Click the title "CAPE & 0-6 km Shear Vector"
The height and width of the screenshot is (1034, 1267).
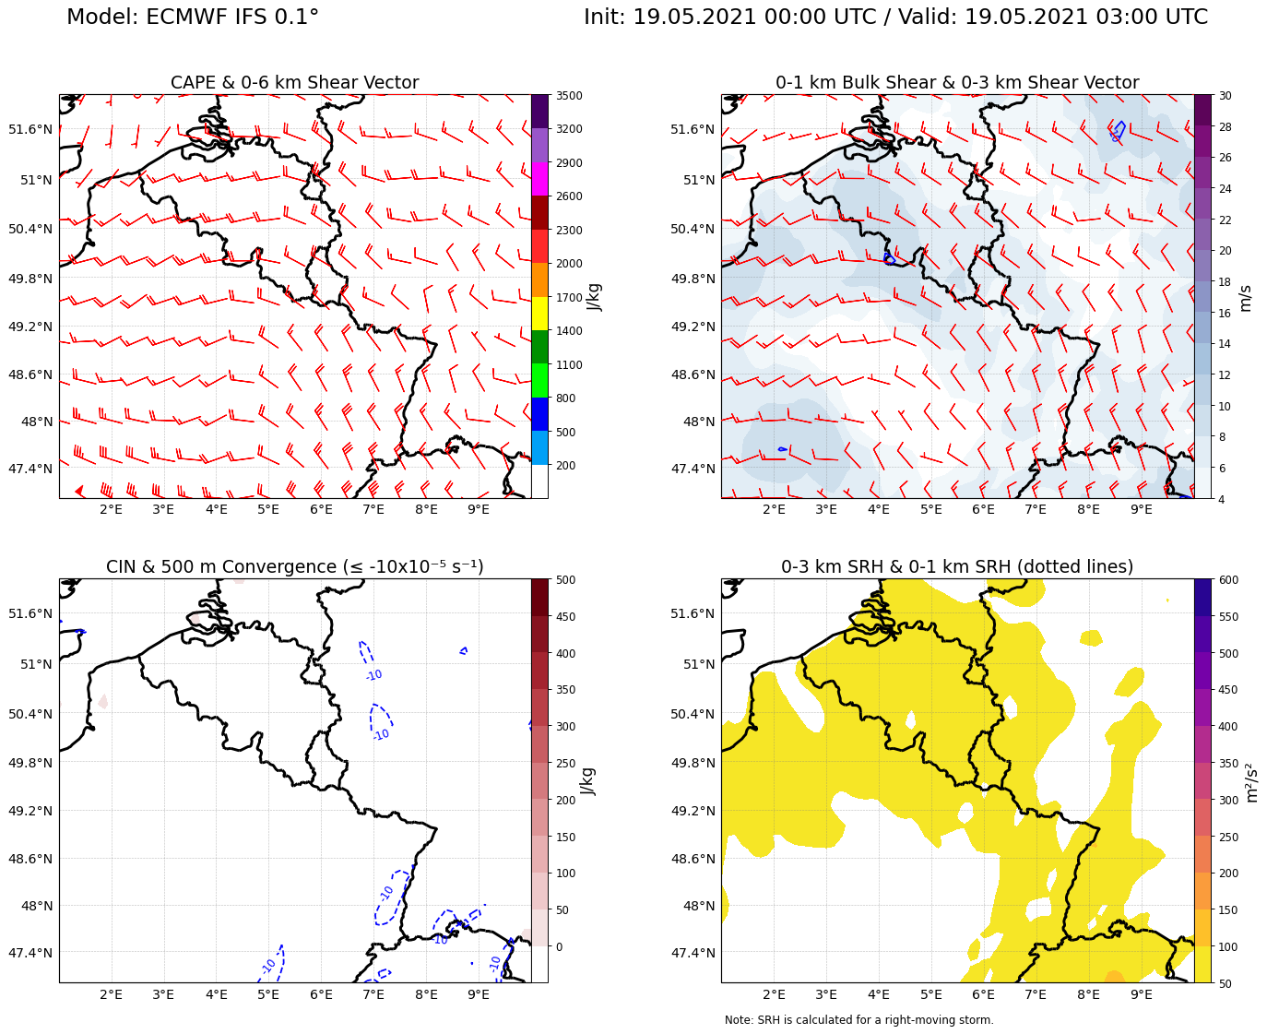pyautogui.click(x=294, y=83)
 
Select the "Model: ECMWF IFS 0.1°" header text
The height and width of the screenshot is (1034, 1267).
pyautogui.click(x=193, y=18)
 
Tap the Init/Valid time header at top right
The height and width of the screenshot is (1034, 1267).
pyautogui.click(x=895, y=18)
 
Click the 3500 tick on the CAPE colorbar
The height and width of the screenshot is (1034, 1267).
pyautogui.click(x=568, y=96)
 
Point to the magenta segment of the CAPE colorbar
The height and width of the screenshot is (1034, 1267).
pyautogui.click(x=539, y=179)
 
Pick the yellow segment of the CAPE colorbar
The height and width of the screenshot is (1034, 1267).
pyautogui.click(x=539, y=314)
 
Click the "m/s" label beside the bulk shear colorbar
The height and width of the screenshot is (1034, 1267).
pyautogui.click(x=1245, y=297)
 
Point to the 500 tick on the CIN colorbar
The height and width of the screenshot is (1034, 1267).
pyautogui.click(x=565, y=580)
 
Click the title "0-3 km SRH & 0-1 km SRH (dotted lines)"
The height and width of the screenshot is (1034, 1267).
pyautogui.click(x=957, y=567)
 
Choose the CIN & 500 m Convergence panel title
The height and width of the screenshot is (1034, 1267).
pyautogui.click(x=294, y=567)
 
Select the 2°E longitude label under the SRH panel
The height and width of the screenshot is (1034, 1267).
pyautogui.click(x=774, y=994)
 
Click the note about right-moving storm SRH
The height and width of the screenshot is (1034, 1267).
pyautogui.click(x=858, y=1020)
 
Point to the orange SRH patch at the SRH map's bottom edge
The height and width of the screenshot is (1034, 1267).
pyautogui.click(x=1114, y=977)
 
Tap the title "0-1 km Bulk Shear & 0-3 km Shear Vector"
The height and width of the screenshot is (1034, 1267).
pyautogui.click(x=957, y=83)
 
